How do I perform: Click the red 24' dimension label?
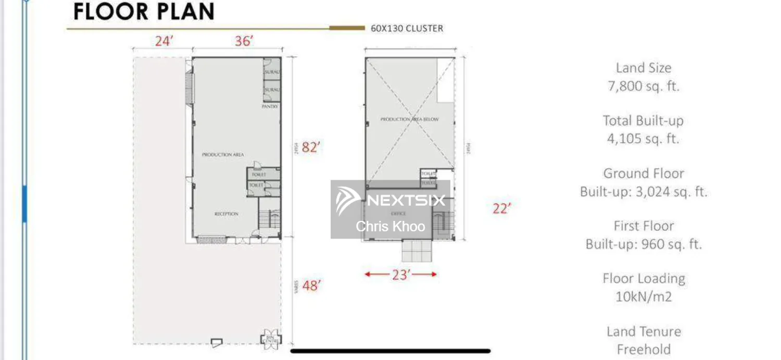tap(163, 41)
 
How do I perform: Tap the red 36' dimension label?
tap(244, 41)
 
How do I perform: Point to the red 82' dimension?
tap(310, 147)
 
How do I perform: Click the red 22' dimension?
tap(502, 208)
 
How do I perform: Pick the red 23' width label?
tap(400, 275)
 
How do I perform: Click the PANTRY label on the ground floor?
tap(270, 106)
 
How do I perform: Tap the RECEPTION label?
tap(226, 214)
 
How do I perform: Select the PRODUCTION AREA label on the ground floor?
tap(223, 155)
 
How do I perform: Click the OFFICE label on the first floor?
tap(398, 214)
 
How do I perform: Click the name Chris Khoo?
tap(391, 226)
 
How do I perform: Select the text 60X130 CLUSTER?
tap(407, 29)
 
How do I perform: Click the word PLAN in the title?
tap(180, 11)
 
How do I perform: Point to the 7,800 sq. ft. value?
tap(644, 86)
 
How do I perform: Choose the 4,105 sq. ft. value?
tap(644, 139)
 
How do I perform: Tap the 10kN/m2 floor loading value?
tap(644, 297)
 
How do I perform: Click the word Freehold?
tap(644, 349)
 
